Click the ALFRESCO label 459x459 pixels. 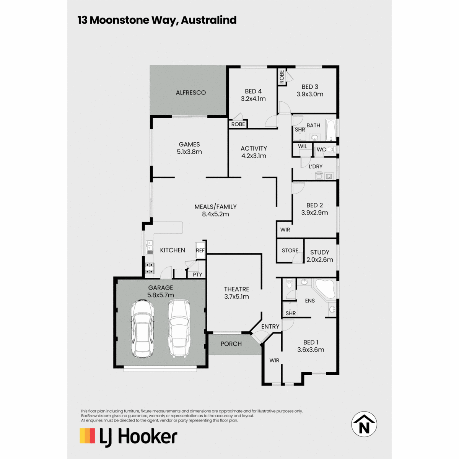point(190,93)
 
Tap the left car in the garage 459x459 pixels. point(142,329)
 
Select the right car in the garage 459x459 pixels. point(179,328)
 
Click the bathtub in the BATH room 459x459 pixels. point(330,131)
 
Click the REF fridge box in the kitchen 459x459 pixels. point(200,250)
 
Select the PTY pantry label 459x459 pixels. point(197,275)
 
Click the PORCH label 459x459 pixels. point(231,344)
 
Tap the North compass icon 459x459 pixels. point(364,424)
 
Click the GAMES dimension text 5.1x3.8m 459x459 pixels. point(189,152)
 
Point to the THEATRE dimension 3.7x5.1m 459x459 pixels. point(236,296)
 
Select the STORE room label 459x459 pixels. point(290,250)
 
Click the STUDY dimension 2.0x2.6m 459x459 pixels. point(320,260)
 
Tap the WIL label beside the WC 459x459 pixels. point(302,146)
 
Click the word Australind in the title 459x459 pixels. point(209,20)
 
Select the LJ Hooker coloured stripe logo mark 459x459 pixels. point(88,436)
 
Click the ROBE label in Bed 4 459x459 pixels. point(238,124)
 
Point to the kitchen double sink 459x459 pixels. point(149,247)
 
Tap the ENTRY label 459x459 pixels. point(270,327)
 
